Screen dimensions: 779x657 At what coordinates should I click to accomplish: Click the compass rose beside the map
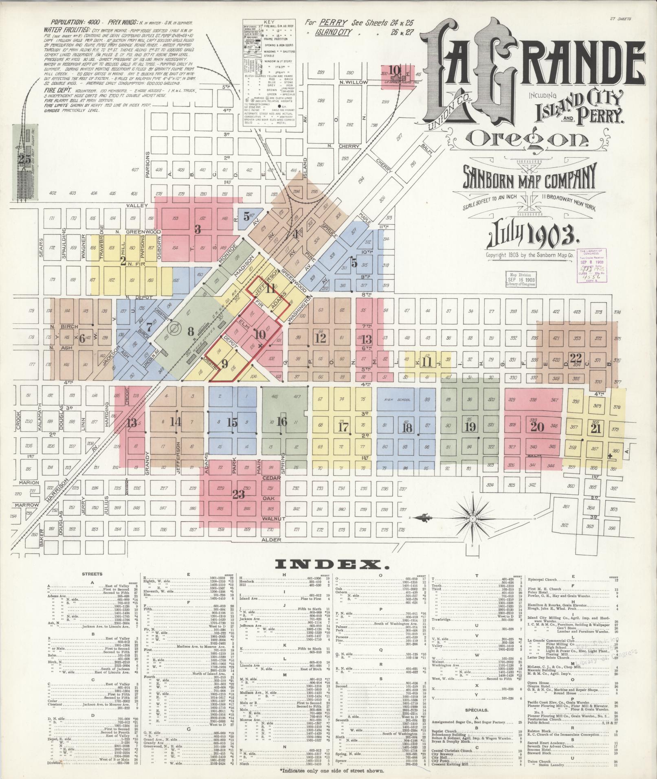pos(472,518)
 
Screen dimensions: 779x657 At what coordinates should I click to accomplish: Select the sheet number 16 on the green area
pos(282,421)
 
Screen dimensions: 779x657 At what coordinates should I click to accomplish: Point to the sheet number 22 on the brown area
pos(576,358)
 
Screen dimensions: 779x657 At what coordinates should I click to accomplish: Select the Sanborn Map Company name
pos(530,176)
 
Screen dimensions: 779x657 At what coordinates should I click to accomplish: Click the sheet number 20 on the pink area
pos(537,426)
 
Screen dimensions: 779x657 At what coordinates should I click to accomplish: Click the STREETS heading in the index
pos(92,574)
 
